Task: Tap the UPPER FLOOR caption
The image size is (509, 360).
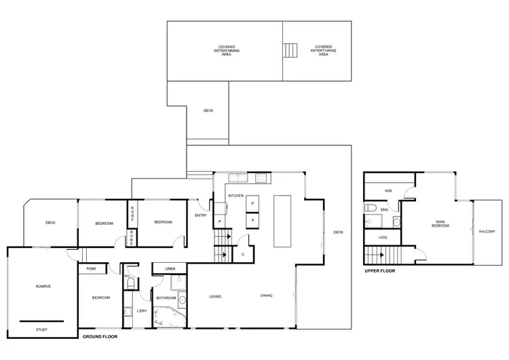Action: [379, 270]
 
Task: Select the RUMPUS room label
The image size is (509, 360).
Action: [43, 287]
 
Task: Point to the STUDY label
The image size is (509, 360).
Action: [42, 329]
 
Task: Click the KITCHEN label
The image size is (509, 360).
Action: [235, 196]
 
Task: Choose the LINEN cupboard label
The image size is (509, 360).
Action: [170, 269]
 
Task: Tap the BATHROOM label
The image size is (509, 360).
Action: [166, 298]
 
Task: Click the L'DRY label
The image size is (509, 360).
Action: [142, 311]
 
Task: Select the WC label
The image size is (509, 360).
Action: [127, 276]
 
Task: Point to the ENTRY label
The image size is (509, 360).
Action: [200, 215]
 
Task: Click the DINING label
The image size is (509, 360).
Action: [267, 295]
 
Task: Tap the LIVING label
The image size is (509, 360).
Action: [215, 296]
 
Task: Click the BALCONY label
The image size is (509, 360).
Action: [487, 232]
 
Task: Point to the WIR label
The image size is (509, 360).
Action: [388, 191]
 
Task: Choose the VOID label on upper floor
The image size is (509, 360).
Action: [383, 237]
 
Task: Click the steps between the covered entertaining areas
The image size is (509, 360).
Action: [290, 51]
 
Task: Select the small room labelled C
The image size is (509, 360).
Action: [243, 254]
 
